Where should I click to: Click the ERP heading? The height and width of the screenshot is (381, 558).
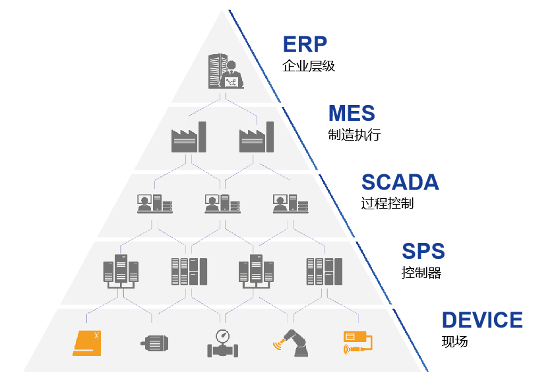[305, 45]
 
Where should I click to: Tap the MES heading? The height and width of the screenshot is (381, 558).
[352, 113]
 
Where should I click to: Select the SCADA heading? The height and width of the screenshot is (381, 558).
[400, 182]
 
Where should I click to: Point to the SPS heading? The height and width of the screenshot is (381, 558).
[423, 252]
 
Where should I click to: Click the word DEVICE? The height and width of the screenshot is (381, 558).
[482, 320]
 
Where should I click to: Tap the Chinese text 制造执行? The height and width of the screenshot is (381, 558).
[354, 135]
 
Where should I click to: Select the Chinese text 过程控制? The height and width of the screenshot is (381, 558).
[388, 203]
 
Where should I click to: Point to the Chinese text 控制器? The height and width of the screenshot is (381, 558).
[421, 272]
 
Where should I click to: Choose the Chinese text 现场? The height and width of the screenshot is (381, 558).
[454, 341]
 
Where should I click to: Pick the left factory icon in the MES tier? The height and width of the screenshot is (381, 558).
[189, 137]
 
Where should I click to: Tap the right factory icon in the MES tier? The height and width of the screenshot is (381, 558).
[257, 137]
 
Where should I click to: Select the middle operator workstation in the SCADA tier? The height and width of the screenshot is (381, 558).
[222, 203]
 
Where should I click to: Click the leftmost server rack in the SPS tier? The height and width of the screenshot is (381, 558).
[121, 270]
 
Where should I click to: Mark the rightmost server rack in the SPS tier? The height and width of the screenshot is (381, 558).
[323, 271]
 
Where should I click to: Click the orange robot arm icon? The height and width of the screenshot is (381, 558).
[290, 343]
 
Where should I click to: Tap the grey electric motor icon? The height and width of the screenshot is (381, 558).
[155, 343]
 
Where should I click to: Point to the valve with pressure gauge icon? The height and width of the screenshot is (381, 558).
[222, 343]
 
